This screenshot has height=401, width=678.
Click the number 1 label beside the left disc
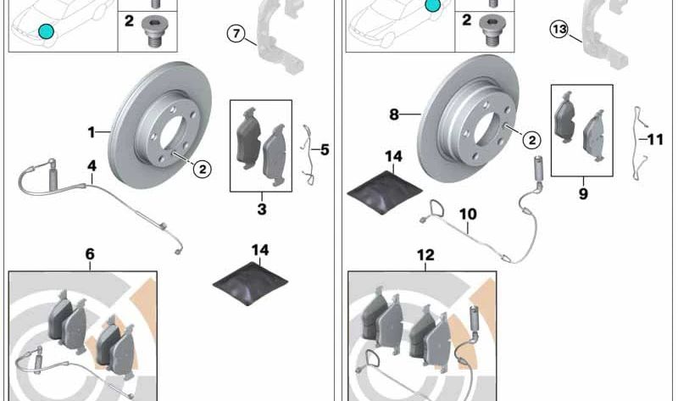click(92, 132)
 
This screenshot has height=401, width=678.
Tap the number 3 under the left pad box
click(262, 209)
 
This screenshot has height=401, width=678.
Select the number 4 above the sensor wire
click(92, 166)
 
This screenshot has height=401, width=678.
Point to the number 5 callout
click(325, 150)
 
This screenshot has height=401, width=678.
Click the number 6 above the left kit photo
click(90, 254)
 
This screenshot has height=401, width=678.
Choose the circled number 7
click(236, 33)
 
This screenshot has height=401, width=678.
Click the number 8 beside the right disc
click(393, 114)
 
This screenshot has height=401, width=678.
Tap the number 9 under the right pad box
click(583, 193)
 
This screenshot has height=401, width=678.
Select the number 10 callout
click(468, 214)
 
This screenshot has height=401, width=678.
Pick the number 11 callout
click(655, 139)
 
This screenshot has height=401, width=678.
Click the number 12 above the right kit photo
click(425, 255)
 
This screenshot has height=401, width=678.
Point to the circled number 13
click(559, 30)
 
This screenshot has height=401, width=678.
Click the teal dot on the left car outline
click(47, 31)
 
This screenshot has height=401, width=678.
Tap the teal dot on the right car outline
click(432, 5)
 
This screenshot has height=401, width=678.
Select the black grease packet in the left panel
click(250, 283)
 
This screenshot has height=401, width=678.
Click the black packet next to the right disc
click(385, 192)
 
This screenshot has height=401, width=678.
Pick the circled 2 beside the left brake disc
click(203, 170)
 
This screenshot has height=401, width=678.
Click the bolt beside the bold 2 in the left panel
click(154, 31)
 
